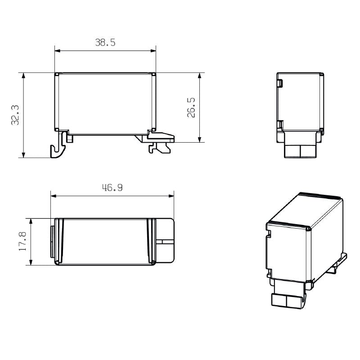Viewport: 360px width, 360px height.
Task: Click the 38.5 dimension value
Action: (x=105, y=43)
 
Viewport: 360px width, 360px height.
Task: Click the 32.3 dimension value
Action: (x=15, y=115)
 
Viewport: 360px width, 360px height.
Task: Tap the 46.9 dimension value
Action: (x=112, y=188)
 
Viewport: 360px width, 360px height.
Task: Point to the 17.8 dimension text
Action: (x=22, y=242)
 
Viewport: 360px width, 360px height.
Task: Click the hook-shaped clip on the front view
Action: (x=57, y=148)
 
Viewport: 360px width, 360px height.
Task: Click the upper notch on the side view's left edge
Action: (x=279, y=83)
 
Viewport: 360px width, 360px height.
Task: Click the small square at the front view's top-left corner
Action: (x=57, y=74)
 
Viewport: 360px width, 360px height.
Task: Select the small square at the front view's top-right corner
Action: (x=154, y=74)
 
